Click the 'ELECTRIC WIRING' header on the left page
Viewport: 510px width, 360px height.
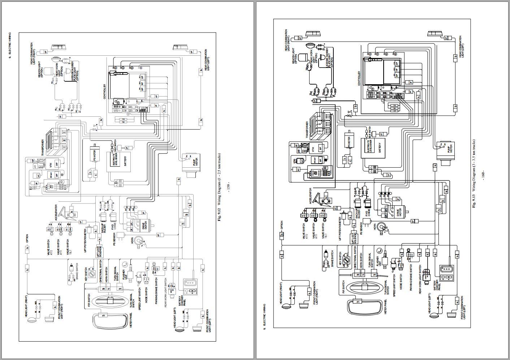pyautogui.click(x=10, y=43)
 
